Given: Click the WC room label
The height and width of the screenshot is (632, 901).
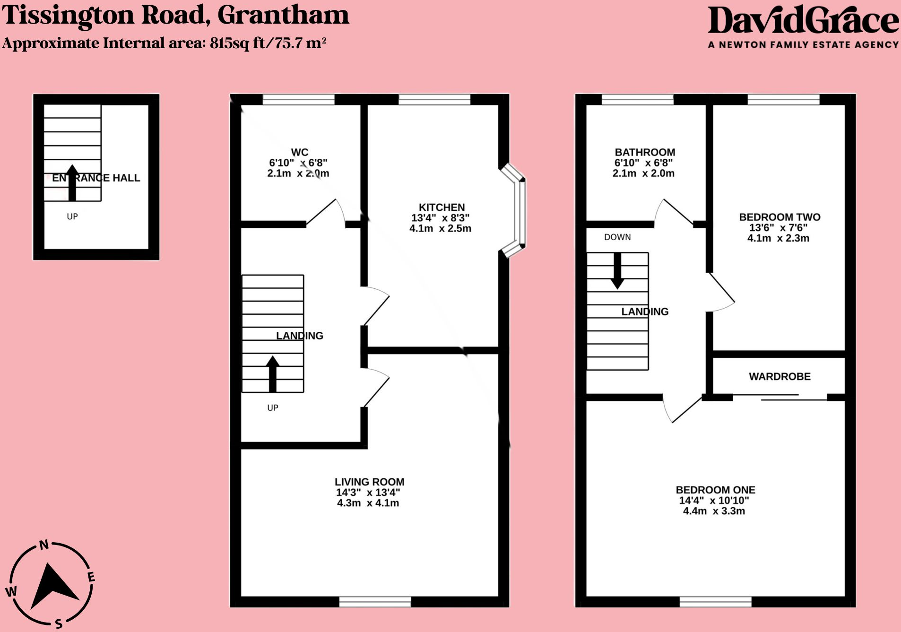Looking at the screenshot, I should (299, 152).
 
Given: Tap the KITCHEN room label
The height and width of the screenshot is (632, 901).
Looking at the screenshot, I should (442, 207).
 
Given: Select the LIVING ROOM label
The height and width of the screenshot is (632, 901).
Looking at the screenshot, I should (369, 482).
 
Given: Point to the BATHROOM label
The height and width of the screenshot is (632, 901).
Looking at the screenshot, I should (645, 152).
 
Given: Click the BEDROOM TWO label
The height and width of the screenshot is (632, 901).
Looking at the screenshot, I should (780, 217).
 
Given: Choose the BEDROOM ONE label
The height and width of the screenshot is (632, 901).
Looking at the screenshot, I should (715, 490).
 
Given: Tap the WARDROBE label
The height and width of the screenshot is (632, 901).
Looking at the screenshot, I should (780, 376).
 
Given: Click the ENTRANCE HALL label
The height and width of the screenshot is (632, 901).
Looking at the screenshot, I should (96, 178).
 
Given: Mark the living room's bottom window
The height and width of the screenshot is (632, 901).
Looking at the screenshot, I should (375, 601).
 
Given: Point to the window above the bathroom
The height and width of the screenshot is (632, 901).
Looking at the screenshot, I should (637, 99).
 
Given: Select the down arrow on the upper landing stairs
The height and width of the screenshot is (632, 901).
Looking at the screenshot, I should (617, 271).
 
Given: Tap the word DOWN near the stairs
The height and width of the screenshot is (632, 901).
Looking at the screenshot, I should (617, 237).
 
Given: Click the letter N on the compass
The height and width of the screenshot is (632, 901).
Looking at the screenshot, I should (44, 545).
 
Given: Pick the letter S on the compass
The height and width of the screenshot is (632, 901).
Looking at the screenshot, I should (59, 623).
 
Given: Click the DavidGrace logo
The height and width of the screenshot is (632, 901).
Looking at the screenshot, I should (803, 21).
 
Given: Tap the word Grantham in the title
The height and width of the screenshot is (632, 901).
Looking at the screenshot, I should (283, 15).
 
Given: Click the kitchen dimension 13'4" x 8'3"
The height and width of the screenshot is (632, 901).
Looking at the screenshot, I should (440, 218).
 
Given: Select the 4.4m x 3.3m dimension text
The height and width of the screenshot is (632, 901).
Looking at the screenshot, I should (714, 511).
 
